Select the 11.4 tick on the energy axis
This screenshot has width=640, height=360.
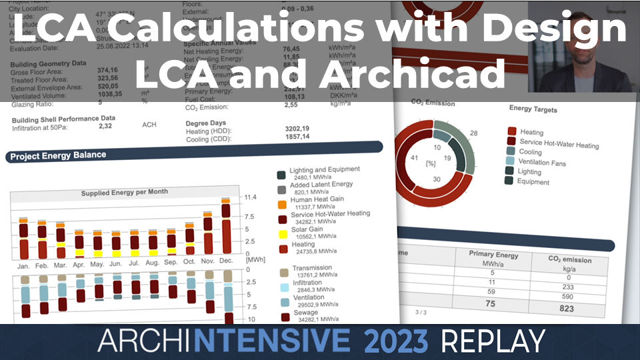tap(251, 197)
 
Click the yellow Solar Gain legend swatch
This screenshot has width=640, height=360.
tap(282, 234)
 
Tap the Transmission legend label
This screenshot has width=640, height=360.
tap(311, 268)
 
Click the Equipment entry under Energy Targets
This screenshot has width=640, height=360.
tap(533, 181)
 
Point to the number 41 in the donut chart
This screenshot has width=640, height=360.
tap(415, 158)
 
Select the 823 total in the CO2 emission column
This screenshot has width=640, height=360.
tap(566, 309)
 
